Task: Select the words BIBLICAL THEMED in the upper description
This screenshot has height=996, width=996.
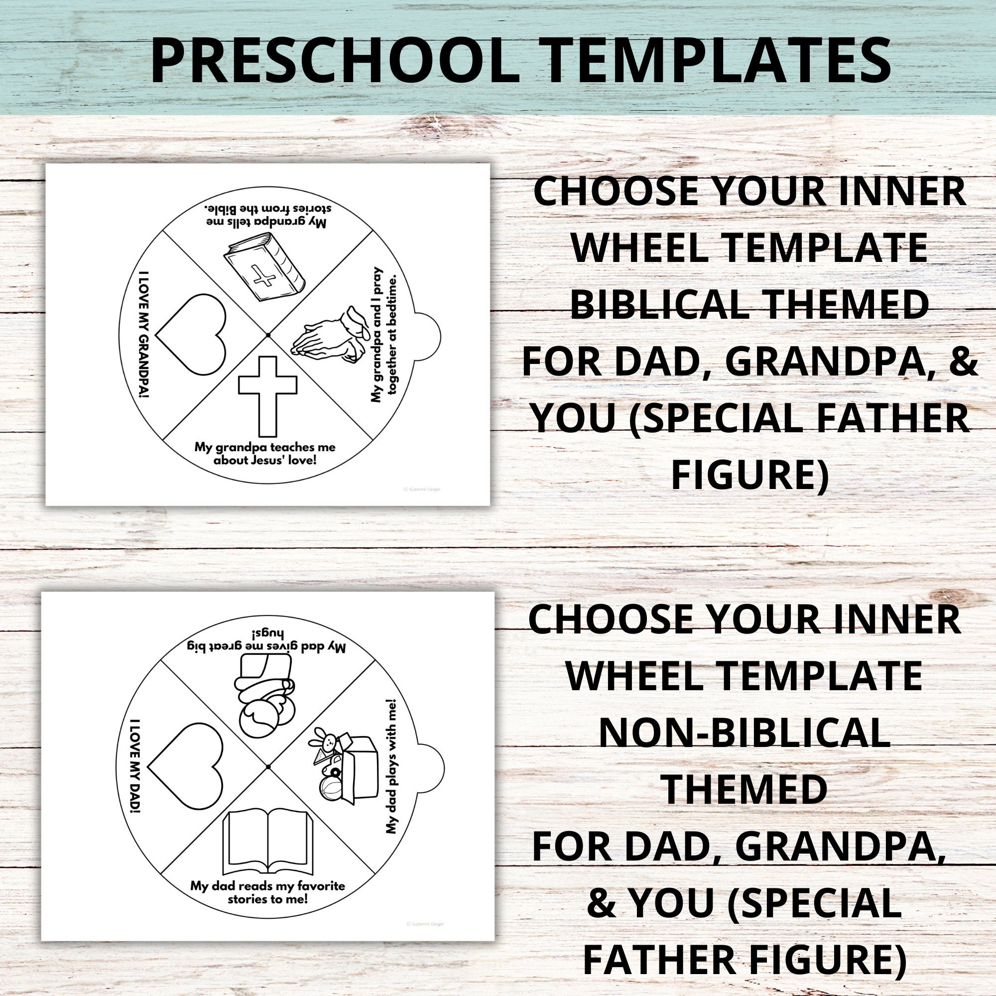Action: [x=749, y=305]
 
